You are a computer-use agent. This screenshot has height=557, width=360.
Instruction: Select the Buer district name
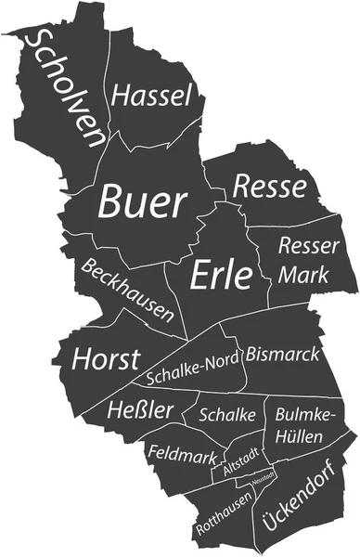click(x=143, y=201)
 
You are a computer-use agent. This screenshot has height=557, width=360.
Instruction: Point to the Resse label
click(x=269, y=187)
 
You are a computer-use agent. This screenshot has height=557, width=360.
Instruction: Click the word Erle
click(x=222, y=274)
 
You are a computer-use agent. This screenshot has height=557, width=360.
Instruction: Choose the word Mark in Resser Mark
click(x=303, y=275)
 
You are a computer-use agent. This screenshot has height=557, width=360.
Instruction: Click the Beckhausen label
click(x=127, y=286)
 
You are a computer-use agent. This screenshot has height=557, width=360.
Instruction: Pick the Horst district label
click(x=107, y=358)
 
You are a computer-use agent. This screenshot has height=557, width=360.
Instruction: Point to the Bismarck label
click(x=283, y=355)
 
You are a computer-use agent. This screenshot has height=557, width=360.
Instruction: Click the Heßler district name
click(x=140, y=409)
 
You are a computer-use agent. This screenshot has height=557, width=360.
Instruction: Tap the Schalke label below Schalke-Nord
click(x=227, y=415)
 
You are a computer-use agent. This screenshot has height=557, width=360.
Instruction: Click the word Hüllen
click(x=297, y=434)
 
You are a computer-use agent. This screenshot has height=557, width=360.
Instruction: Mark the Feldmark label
click(x=183, y=455)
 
